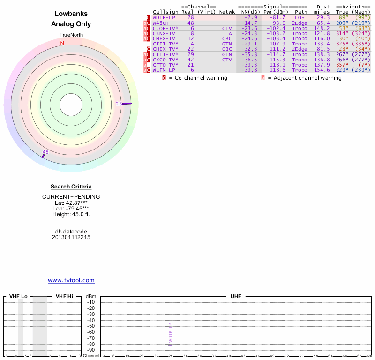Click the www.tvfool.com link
[71, 280]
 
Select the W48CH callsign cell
[160, 22]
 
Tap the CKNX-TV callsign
[164, 33]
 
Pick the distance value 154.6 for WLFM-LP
[322, 70]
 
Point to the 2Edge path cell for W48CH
[300, 22]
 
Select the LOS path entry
[300, 17]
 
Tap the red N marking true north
[62, 44]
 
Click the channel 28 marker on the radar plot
[127, 104]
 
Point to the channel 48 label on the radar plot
[45, 152]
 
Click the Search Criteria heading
[71, 187]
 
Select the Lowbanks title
[71, 14]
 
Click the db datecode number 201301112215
[71, 237]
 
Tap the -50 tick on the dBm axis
[91, 326]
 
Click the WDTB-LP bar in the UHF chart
[171, 345]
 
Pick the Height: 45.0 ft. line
[71, 214]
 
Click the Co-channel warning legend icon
[165, 78]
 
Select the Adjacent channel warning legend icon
[262, 78]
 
